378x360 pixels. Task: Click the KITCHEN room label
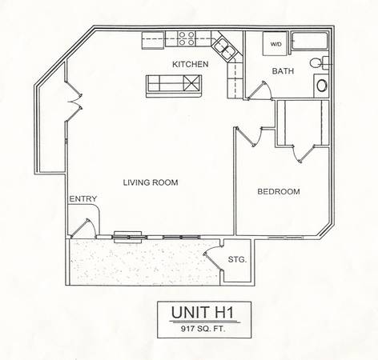click(191, 64)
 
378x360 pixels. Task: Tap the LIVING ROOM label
click(151, 182)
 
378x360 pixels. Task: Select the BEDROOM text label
click(279, 191)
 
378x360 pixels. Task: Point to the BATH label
click(283, 71)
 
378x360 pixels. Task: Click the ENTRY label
click(83, 199)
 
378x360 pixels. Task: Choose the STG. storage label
click(237, 259)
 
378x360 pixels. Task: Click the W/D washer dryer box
click(275, 43)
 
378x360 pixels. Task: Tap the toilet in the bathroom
click(320, 63)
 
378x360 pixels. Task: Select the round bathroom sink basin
click(322, 86)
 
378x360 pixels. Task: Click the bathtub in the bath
click(310, 41)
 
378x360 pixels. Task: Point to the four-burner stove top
click(187, 38)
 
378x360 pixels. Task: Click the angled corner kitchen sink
click(224, 47)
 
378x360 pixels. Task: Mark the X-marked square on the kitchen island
click(192, 83)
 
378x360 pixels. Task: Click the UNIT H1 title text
click(203, 312)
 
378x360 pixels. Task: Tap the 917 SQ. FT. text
click(203, 329)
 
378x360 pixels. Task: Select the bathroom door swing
click(259, 90)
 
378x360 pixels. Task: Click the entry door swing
click(83, 228)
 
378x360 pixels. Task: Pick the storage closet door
click(214, 258)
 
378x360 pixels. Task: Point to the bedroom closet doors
click(304, 154)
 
